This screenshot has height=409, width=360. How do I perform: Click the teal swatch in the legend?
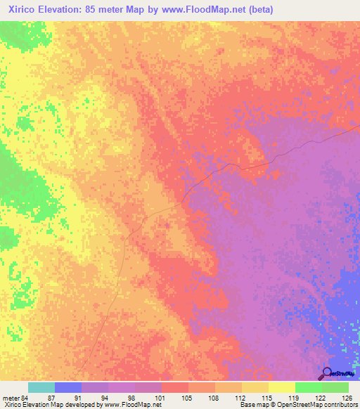(41, 387)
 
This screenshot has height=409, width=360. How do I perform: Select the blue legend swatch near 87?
(68, 387)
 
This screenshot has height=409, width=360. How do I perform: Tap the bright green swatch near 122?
(308, 387)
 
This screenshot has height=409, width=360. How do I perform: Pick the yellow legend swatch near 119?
(281, 387)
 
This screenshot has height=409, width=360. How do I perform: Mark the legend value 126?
(346, 397)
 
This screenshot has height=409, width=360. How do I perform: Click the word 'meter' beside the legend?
(9, 397)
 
